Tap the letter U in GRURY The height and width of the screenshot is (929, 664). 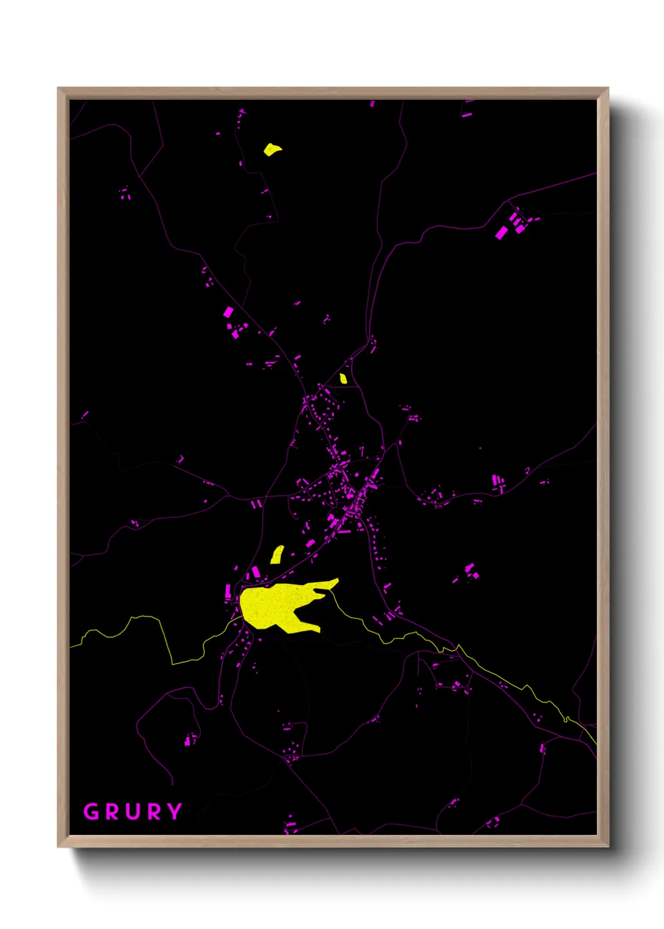132,812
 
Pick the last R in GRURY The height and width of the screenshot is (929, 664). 153,812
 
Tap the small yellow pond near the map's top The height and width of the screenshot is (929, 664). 272,149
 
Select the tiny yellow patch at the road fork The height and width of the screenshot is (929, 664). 343,379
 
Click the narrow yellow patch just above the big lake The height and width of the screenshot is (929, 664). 277,555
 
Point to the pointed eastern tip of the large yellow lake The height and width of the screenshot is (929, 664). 337,581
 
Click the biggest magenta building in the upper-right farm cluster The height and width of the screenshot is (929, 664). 501,233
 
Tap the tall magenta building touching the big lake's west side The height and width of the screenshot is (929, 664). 228,591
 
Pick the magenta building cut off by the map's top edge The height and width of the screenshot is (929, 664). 372,103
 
